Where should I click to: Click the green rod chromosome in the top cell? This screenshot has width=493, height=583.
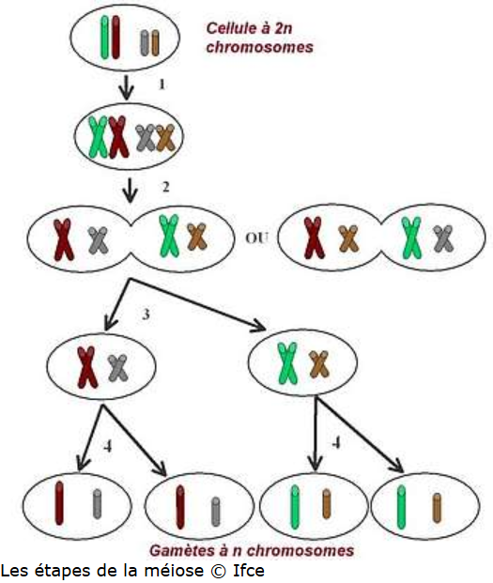coord(105,38)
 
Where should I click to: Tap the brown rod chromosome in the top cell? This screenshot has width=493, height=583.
coord(155,43)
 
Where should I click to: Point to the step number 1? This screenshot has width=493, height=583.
coord(162,84)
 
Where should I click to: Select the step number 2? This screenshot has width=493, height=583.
coord(166,187)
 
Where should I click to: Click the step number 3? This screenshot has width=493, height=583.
coord(146,315)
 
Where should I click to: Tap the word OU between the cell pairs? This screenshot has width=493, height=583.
coord(256,238)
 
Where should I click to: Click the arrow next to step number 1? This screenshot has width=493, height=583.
coord(127,87)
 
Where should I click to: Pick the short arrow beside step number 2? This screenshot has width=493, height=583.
coord(130,191)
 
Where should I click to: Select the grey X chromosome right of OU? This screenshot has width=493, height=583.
coord(443,238)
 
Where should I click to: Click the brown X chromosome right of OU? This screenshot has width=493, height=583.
coord(348,238)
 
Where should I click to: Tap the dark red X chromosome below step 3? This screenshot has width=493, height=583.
coord(87,367)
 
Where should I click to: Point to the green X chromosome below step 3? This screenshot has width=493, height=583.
coord(288,363)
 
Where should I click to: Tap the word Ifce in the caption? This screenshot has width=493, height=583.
coord(248,571)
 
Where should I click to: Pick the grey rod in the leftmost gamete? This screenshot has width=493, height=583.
coord(97,504)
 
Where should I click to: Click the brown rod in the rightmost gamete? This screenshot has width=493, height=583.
coord(438,508)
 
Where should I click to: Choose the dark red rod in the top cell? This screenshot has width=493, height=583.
coord(116,38)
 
